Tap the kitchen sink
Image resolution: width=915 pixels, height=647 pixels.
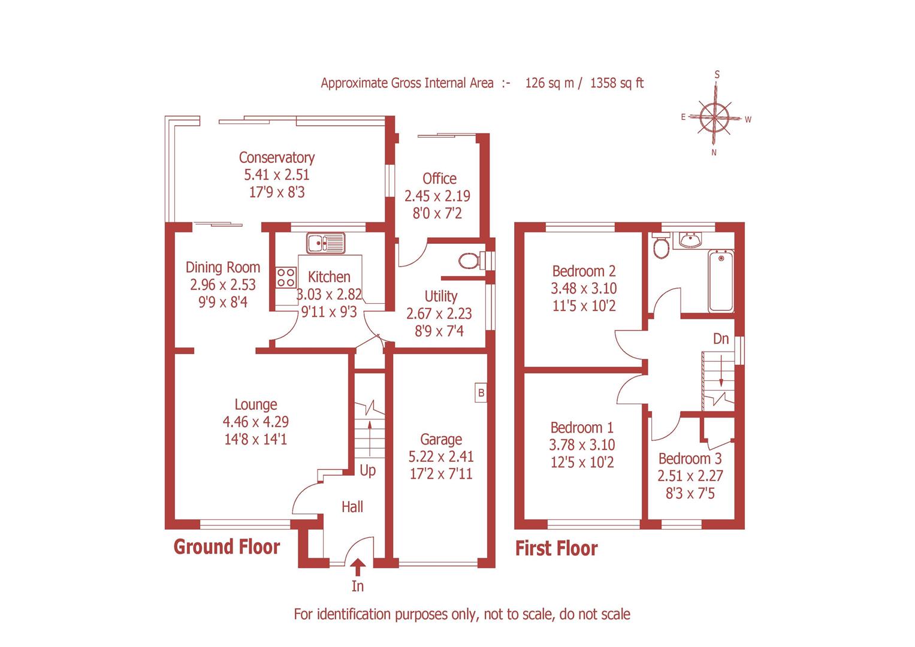coord(325,243)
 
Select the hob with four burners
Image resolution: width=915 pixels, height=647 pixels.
coord(286,277)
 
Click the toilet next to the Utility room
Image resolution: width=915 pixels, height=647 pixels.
coord(470,261)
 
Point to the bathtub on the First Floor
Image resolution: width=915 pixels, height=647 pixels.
coord(721,282)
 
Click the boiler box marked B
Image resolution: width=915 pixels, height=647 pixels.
coord(481,393)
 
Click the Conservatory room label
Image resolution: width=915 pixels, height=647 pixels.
coord(276,158)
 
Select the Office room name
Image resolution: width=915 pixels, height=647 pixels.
coord(439,179)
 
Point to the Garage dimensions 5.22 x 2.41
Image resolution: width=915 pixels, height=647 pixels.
coord(441,456)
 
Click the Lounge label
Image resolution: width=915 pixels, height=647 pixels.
coord(256,405)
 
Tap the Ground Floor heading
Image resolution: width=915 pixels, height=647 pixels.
coord(227,547)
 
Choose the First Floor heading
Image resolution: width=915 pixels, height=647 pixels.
coord(557,549)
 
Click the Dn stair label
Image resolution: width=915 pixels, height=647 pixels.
coord(721,339)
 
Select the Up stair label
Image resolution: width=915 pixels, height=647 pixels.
coord(368,470)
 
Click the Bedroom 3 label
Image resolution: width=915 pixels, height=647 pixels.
coord(690,459)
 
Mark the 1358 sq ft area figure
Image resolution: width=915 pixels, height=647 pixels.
coord(617,83)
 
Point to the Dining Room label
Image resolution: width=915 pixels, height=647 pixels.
coord(222,267)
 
